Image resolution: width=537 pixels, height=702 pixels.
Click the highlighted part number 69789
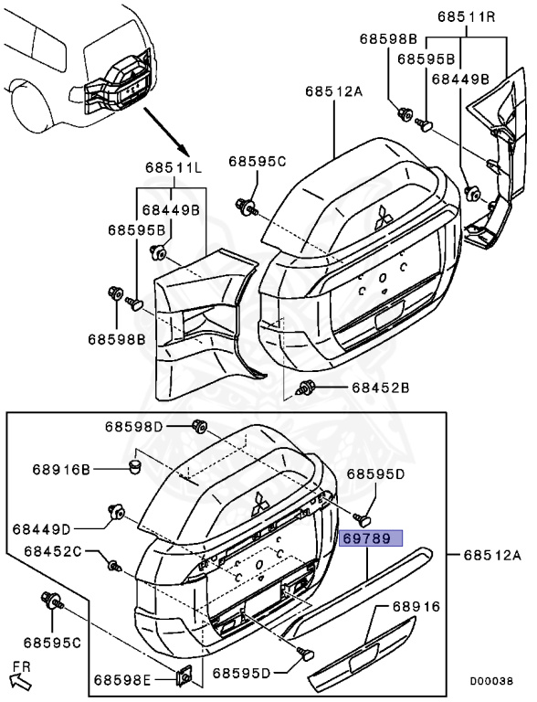click(x=371, y=538)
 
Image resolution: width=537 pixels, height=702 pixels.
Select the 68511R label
click(x=466, y=16)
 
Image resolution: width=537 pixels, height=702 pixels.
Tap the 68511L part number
click(x=174, y=168)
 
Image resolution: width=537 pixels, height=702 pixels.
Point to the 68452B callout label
click(x=380, y=388)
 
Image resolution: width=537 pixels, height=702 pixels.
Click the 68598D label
click(x=134, y=427)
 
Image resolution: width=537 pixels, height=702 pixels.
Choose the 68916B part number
click(x=61, y=470)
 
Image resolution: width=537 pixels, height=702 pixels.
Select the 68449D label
click(x=42, y=529)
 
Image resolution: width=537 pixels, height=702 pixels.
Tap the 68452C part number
click(x=52, y=551)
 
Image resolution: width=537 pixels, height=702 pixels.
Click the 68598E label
click(x=122, y=680)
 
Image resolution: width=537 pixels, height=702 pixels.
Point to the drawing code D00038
click(x=491, y=681)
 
